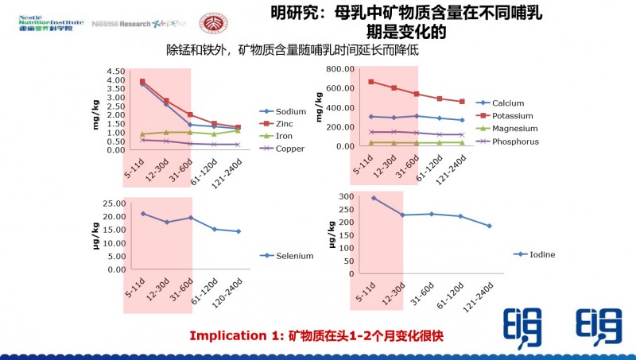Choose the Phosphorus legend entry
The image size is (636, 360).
point(515,141)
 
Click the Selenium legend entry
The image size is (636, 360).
point(293,256)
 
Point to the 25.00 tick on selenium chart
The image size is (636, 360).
point(112,203)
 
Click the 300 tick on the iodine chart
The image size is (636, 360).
point(344,196)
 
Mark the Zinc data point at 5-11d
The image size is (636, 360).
point(142,82)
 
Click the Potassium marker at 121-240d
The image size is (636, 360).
point(461,102)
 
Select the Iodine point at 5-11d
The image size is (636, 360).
point(374,198)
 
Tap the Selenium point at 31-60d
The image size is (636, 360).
point(190,218)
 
